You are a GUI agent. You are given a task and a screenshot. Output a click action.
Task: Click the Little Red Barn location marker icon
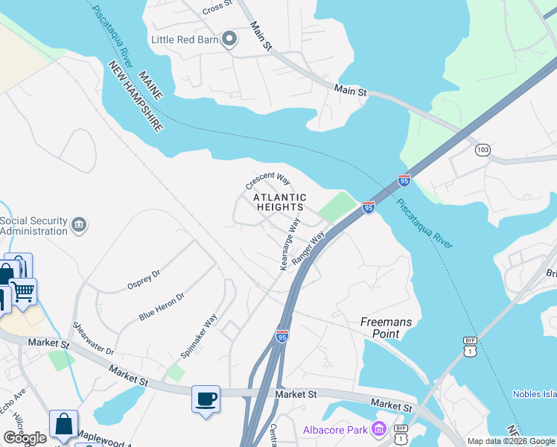229,39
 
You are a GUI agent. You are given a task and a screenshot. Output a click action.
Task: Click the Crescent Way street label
268,180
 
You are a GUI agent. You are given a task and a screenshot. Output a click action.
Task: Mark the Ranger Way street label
310,248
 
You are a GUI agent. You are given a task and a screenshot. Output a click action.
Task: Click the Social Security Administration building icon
77,224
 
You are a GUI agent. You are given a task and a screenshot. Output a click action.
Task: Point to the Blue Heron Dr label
161,306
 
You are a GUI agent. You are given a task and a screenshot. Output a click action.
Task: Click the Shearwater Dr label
93,339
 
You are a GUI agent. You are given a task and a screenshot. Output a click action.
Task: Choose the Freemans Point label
386,328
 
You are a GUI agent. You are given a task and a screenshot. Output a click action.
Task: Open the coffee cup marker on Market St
206,398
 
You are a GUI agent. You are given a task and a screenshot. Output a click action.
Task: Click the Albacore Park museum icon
378,430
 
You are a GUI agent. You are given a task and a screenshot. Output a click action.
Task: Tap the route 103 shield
483,150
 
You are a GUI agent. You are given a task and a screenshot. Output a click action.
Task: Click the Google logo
25,438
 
